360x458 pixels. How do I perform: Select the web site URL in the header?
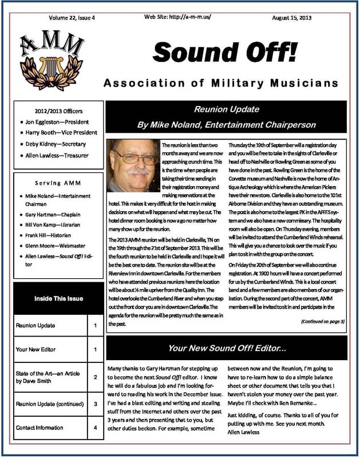click(177, 17)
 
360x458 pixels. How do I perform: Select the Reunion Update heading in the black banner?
click(227, 108)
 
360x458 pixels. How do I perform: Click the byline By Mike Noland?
click(227, 124)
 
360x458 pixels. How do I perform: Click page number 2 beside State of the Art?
click(94, 377)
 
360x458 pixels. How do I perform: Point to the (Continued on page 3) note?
click(322, 321)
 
